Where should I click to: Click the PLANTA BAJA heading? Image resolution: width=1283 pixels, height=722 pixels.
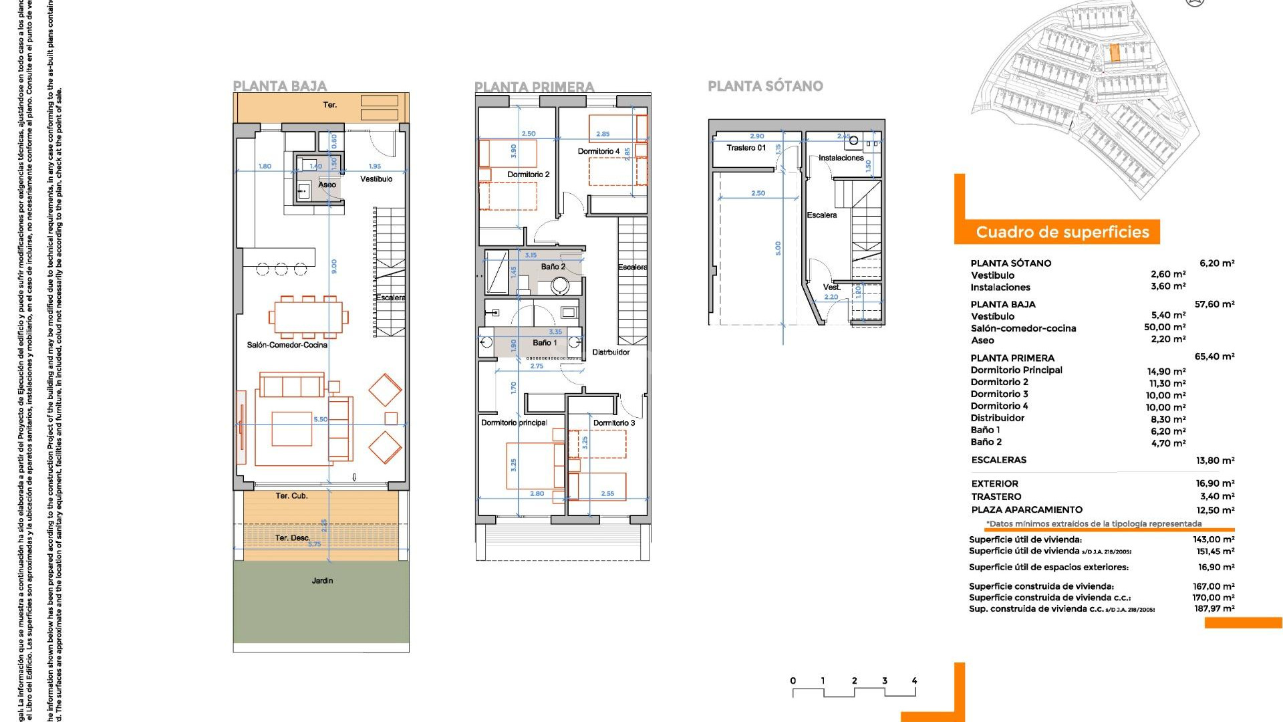pyautogui.click(x=279, y=86)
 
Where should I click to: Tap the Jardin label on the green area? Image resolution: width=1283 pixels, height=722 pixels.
pyautogui.click(x=322, y=580)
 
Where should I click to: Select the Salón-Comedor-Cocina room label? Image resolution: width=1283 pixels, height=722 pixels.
pyautogui.click(x=287, y=345)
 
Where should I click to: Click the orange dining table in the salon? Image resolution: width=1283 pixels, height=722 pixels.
pyautogui.click(x=308, y=316)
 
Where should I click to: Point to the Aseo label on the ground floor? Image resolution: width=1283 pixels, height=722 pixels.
pyautogui.click(x=327, y=185)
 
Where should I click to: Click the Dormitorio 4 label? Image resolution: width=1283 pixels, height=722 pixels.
pyautogui.click(x=598, y=151)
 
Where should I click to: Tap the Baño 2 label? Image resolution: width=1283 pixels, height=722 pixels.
pyautogui.click(x=553, y=267)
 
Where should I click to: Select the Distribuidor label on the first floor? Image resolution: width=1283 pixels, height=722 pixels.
pyautogui.click(x=611, y=352)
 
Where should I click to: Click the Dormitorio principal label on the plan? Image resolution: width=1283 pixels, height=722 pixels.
pyautogui.click(x=514, y=423)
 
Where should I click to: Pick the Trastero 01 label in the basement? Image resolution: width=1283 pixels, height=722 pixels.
pyautogui.click(x=746, y=148)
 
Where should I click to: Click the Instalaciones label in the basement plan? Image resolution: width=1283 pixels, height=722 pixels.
pyautogui.click(x=841, y=158)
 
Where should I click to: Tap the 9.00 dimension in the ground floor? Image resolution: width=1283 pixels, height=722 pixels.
pyautogui.click(x=334, y=266)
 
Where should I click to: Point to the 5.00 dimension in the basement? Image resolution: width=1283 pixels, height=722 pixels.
pyautogui.click(x=778, y=248)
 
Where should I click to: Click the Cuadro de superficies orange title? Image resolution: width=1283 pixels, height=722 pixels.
pyautogui.click(x=1062, y=232)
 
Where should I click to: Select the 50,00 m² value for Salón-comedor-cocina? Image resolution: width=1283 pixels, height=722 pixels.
pyautogui.click(x=1165, y=327)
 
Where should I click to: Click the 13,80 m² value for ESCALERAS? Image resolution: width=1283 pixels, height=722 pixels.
pyautogui.click(x=1215, y=461)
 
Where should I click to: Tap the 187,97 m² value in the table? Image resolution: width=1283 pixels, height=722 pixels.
pyautogui.click(x=1215, y=608)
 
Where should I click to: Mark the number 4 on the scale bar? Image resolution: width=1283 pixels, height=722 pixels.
pyautogui.click(x=914, y=681)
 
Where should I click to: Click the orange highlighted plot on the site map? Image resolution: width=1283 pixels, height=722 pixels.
pyautogui.click(x=1114, y=53)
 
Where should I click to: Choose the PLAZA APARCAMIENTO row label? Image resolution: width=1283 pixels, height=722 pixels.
pyautogui.click(x=1026, y=509)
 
